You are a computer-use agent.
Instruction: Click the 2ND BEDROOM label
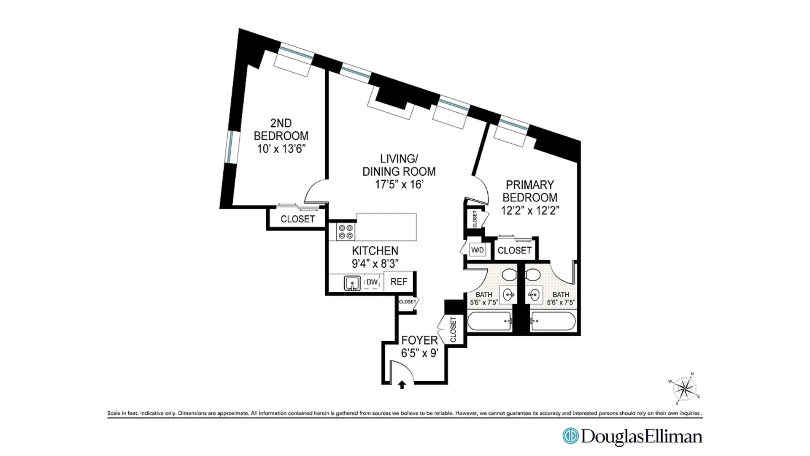click(x=281, y=129)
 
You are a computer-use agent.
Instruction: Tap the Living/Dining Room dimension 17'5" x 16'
click(x=399, y=185)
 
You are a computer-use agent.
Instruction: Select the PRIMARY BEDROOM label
click(x=530, y=191)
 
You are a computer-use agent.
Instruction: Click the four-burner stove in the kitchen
click(x=346, y=231)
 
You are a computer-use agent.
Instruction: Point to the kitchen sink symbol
click(x=352, y=282)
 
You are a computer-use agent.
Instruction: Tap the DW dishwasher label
click(x=372, y=282)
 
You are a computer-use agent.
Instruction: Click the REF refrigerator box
click(x=399, y=282)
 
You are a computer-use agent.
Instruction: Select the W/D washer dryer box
click(x=478, y=250)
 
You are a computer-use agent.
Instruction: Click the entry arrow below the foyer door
click(x=402, y=385)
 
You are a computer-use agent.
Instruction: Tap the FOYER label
click(x=419, y=340)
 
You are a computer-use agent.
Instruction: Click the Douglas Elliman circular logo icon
click(x=571, y=437)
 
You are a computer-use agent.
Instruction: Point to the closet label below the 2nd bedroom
click(x=298, y=219)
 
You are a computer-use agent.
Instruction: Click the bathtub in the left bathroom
click(x=489, y=321)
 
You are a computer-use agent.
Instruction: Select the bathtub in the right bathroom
click(x=553, y=321)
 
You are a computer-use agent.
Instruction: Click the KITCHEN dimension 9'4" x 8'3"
click(x=375, y=263)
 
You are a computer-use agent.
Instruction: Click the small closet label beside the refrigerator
click(x=408, y=302)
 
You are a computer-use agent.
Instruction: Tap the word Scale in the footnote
click(x=114, y=413)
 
